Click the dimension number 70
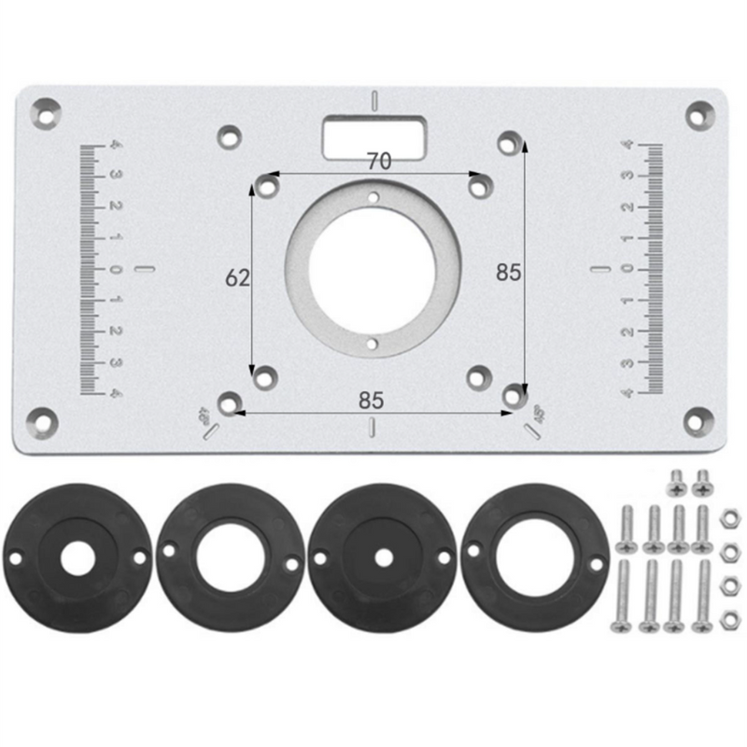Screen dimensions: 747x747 tap(379, 162)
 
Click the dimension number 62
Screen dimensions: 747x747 tap(237, 277)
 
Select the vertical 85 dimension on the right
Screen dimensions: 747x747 tap(508, 273)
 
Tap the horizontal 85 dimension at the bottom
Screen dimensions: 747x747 tap(371, 401)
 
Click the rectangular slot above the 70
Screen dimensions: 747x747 tap(373, 137)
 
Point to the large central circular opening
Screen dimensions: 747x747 tap(372, 270)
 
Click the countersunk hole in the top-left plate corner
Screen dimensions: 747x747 tap(46, 114)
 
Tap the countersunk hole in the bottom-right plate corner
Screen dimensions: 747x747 tap(698, 422)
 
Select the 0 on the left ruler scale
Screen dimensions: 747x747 tap(115, 270)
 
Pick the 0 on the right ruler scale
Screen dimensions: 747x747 tap(627, 269)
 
